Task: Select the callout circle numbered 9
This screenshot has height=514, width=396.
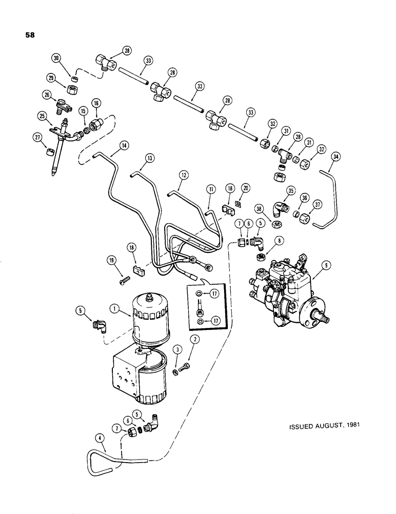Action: pyautogui.click(x=322, y=265)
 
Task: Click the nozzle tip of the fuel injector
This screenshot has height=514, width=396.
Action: pyautogui.click(x=53, y=175)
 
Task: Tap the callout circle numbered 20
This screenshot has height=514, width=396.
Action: pyautogui.click(x=246, y=189)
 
